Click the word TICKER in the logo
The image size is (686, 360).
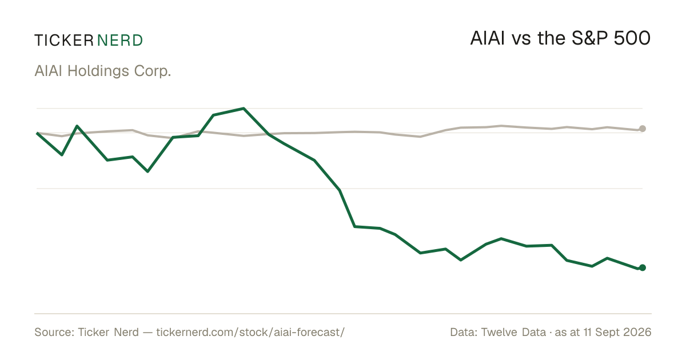(x=64, y=41)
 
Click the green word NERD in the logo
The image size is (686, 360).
(x=120, y=41)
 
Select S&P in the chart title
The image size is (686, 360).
(x=589, y=38)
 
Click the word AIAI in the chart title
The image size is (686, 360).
(x=487, y=38)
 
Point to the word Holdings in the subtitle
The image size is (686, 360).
(x=98, y=71)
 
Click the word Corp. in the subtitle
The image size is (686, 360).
(x=153, y=71)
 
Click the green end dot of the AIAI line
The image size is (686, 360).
(x=643, y=268)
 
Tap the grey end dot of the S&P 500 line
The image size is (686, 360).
(x=643, y=129)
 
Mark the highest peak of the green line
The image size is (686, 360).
(x=244, y=109)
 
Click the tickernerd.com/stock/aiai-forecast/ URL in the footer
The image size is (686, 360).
(x=250, y=332)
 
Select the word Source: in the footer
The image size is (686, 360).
(x=54, y=332)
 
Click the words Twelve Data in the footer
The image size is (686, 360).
(x=513, y=332)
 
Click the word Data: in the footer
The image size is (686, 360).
(x=464, y=332)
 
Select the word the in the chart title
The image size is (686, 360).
(x=551, y=38)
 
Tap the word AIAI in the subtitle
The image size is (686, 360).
(x=49, y=71)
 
